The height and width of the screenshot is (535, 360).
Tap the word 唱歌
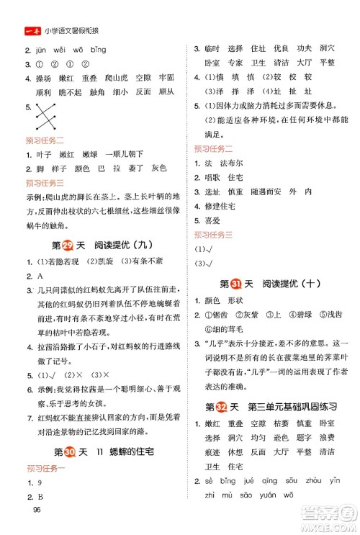click(x=214, y=177)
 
